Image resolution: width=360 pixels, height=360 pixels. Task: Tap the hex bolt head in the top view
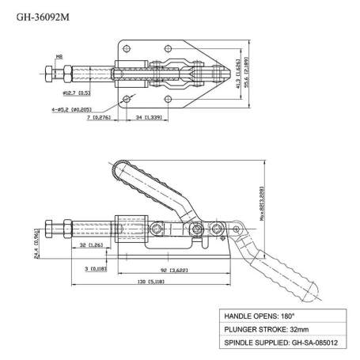pos(50,76)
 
